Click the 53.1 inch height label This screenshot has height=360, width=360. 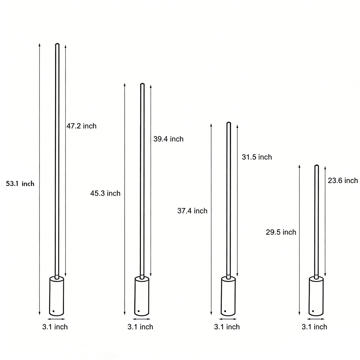point(20,184)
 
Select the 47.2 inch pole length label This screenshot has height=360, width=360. point(81,126)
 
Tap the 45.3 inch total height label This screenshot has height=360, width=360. point(105,193)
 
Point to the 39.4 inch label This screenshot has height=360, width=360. point(168,139)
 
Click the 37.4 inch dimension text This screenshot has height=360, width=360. point(192,211)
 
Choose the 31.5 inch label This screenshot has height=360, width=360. point(257,157)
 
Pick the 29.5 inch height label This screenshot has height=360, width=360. point(281,232)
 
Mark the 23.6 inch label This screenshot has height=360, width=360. point(343,180)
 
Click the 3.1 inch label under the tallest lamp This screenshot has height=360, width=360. point(55,327)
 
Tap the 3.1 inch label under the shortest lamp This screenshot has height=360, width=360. point(314,327)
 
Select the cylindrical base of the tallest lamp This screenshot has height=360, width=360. point(57,296)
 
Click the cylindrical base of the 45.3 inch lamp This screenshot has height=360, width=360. point(142,296)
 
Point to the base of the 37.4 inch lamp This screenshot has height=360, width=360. point(228,296)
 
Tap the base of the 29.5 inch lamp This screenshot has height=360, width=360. point(316,296)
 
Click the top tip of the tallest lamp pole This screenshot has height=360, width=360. point(57,44)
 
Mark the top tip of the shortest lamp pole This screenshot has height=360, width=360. point(317,166)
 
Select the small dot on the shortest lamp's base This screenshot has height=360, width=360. point(313,311)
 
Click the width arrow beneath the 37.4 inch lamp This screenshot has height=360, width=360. point(228,319)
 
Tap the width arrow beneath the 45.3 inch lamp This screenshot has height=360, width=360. point(142,319)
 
